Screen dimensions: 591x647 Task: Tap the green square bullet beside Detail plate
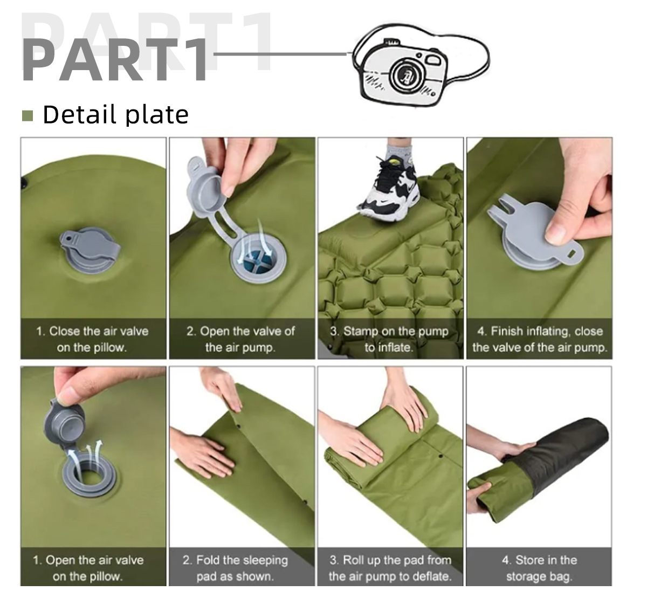27,115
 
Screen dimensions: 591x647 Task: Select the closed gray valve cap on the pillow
91,249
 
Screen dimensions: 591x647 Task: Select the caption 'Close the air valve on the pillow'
92,339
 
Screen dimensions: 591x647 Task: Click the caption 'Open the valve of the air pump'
241,339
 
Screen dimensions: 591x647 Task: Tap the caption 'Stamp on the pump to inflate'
389,339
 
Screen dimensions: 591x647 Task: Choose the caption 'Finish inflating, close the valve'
539,339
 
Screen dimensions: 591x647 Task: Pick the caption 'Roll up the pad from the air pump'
390,568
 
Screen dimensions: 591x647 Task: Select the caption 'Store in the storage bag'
539,568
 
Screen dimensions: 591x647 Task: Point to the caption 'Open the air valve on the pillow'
88,568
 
